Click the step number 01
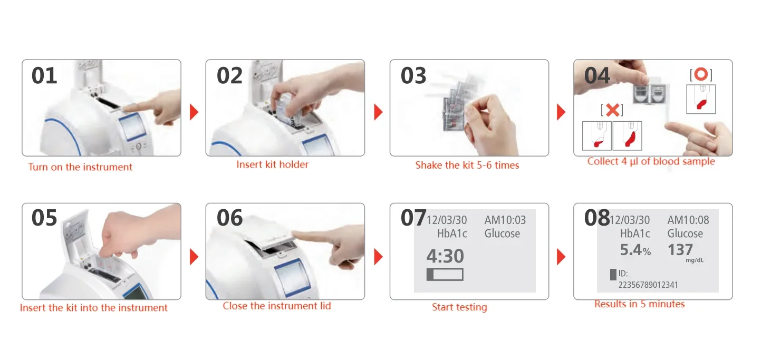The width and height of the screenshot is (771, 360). click(x=44, y=76)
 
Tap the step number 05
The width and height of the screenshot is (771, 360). click(x=44, y=218)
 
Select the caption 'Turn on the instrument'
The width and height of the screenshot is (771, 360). click(x=80, y=167)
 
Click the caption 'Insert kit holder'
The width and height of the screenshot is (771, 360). click(x=272, y=164)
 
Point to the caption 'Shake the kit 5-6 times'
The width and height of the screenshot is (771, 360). click(x=467, y=165)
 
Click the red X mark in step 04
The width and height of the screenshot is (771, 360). click(x=612, y=110)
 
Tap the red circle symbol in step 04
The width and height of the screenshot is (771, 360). click(x=701, y=74)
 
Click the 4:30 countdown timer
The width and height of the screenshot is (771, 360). click(x=445, y=256)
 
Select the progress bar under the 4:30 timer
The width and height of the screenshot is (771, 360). click(x=445, y=275)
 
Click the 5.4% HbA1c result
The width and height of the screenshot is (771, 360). click(x=635, y=250)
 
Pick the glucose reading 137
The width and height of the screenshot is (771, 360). click(x=680, y=250)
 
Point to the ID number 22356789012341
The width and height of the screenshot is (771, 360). click(x=648, y=285)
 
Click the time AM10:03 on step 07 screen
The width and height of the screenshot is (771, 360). click(x=505, y=220)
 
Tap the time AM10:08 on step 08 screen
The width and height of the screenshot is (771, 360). click(x=688, y=220)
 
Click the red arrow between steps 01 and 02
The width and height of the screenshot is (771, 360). click(x=194, y=112)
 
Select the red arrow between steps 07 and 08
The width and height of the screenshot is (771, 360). click(x=561, y=257)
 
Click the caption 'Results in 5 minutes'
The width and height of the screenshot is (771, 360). click(x=640, y=304)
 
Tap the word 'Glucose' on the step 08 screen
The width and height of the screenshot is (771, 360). click(x=685, y=233)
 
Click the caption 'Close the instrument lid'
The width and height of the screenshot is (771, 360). click(x=277, y=306)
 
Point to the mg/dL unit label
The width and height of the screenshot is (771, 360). click(x=695, y=260)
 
